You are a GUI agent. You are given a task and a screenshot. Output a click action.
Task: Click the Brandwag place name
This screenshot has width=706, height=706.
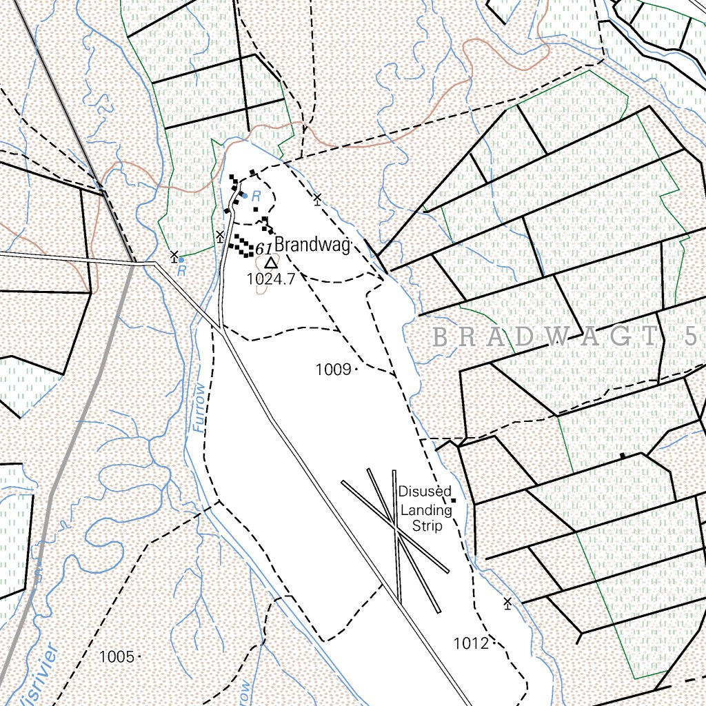pyautogui.click(x=312, y=245)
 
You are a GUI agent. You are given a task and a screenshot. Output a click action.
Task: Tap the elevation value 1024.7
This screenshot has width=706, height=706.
pyautogui.click(x=270, y=279)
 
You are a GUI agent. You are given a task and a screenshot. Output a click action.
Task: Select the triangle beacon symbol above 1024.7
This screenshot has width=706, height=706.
pyautogui.click(x=271, y=262)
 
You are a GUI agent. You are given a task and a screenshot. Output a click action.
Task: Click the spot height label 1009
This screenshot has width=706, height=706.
pyautogui.click(x=334, y=370)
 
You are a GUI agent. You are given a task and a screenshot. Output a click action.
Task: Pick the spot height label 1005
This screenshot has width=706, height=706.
pyautogui.click(x=117, y=656)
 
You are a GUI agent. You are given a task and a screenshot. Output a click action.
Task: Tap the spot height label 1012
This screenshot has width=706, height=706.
pyautogui.click(x=471, y=644)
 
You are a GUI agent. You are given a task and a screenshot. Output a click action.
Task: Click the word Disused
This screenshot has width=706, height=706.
pyautogui.click(x=425, y=492)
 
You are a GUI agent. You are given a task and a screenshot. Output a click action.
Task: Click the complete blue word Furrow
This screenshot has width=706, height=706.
pyautogui.click(x=199, y=407)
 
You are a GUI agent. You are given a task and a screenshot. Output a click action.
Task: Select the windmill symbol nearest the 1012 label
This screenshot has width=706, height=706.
pyautogui.click(x=508, y=603)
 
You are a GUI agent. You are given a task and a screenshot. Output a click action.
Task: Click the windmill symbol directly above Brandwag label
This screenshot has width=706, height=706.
pyautogui.click(x=317, y=199)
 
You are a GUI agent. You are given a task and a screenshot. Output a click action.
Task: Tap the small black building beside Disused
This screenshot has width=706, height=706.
pyautogui.click(x=453, y=500)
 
